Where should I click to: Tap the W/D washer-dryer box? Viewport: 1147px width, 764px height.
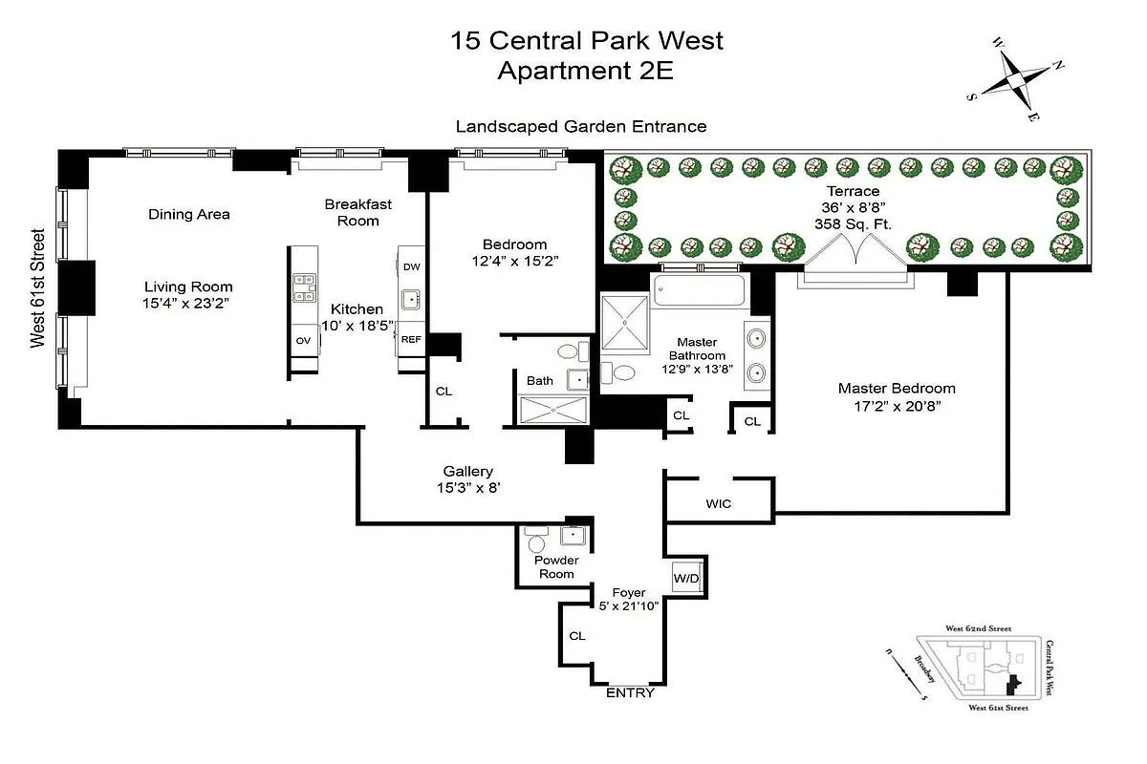tap(686, 578)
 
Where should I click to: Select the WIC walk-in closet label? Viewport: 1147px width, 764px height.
tap(718, 503)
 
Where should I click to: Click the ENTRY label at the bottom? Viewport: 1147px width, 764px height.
tap(631, 692)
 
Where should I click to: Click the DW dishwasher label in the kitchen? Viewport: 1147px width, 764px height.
tap(411, 266)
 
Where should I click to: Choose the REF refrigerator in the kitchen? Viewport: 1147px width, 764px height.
tap(411, 339)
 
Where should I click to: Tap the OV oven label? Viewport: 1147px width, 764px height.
tap(304, 340)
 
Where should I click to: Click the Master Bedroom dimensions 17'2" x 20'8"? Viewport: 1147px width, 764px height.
tap(897, 406)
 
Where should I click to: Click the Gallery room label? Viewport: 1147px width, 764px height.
tap(468, 471)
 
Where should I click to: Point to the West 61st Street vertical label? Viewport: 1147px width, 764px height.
tap(38, 288)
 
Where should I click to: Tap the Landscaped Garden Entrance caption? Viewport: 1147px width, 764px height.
tap(581, 126)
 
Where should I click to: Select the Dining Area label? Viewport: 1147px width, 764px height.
tap(189, 214)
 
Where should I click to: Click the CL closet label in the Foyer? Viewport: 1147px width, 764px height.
tap(576, 635)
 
